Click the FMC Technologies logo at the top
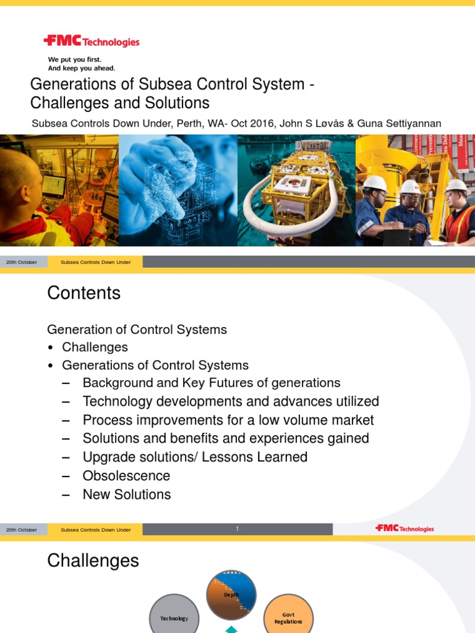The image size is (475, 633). click(92, 42)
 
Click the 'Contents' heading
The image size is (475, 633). click(83, 293)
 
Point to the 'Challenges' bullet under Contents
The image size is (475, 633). click(95, 347)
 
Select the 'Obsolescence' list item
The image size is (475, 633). click(126, 476)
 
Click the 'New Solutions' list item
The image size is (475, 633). click(127, 495)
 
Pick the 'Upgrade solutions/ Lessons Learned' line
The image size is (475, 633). click(195, 457)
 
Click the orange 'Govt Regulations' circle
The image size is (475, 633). click(288, 617)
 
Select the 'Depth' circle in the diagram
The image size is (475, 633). click(231, 595)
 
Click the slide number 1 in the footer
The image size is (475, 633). click(237, 529)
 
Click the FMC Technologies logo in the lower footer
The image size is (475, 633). click(404, 529)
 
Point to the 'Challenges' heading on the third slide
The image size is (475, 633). click(93, 561)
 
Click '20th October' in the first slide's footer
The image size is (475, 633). click(22, 262)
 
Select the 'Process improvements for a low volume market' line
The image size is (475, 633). click(228, 420)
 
